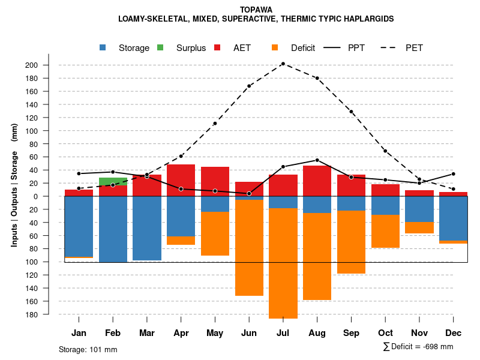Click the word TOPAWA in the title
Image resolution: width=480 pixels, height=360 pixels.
tap(256, 10)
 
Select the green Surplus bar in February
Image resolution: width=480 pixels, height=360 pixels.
tap(113, 181)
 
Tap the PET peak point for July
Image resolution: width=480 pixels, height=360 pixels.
tap(283, 64)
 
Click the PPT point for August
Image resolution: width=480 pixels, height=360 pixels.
tap(317, 160)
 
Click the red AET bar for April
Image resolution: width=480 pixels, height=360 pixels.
tap(181, 176)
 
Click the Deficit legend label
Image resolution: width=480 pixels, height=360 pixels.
tap(303, 48)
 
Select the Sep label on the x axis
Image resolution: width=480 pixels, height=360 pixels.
tap(351, 333)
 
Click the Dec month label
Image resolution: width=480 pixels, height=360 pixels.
tap(454, 333)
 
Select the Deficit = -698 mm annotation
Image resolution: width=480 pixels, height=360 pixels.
tap(418, 346)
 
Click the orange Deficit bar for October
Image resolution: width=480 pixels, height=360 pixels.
tap(385, 231)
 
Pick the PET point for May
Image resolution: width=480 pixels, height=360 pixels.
tap(215, 124)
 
